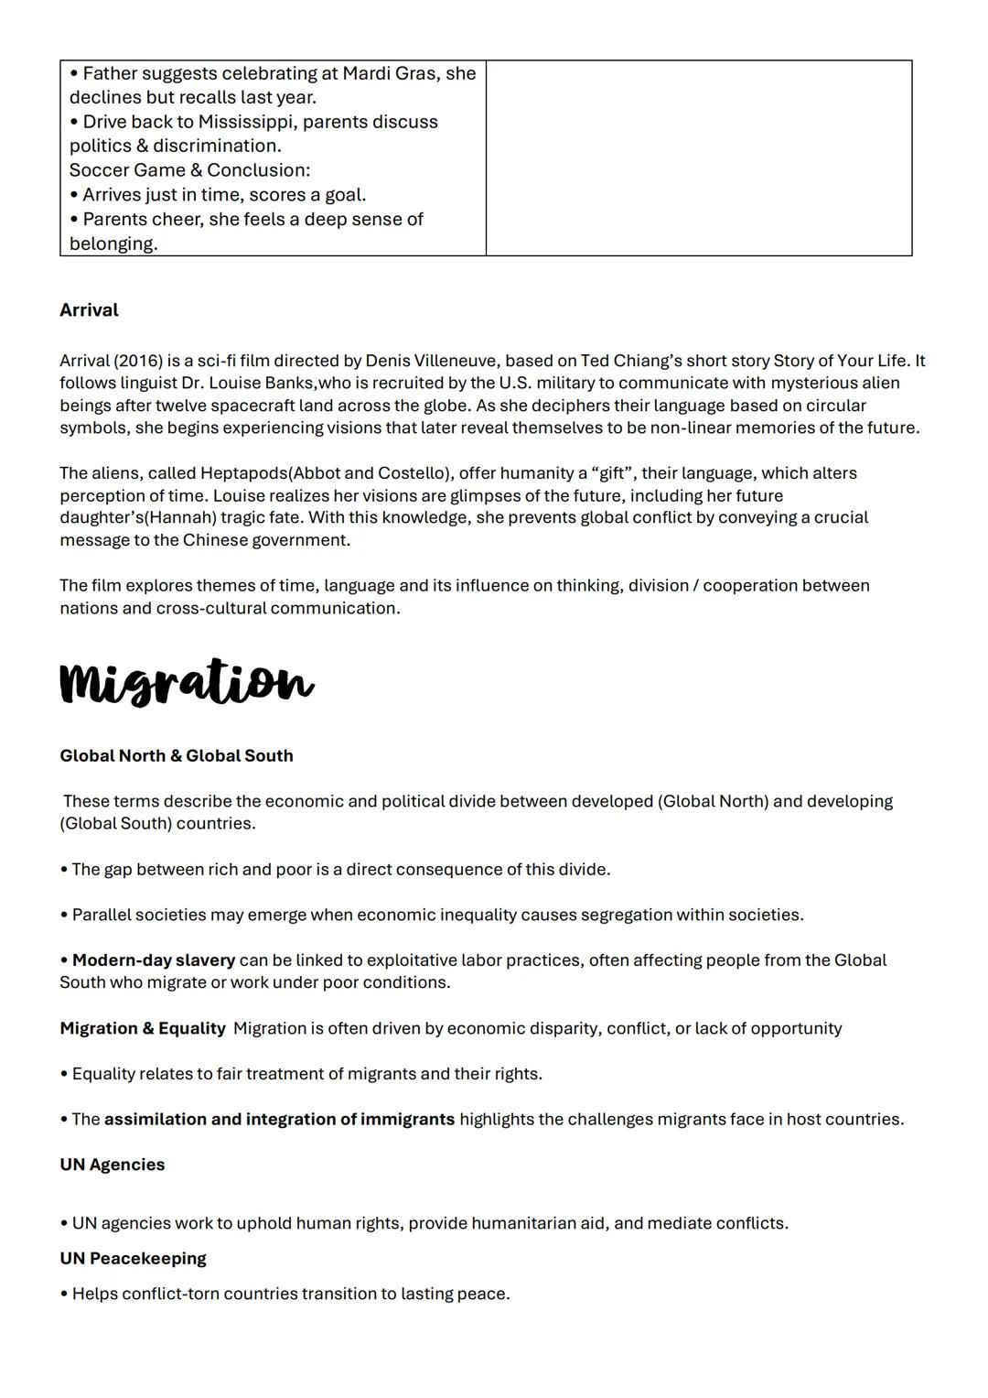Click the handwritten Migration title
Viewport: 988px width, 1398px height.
click(187, 682)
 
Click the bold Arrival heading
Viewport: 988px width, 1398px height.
click(89, 310)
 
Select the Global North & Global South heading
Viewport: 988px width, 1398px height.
click(177, 756)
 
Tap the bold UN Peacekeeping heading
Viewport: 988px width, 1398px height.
click(133, 1259)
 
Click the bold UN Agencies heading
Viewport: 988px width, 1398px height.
click(113, 1165)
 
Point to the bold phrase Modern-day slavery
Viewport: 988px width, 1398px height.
click(154, 960)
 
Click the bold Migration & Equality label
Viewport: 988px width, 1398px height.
click(143, 1029)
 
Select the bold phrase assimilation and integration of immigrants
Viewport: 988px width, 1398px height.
click(279, 1120)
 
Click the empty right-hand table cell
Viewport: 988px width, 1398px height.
click(699, 157)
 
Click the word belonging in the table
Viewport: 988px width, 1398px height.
click(113, 244)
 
